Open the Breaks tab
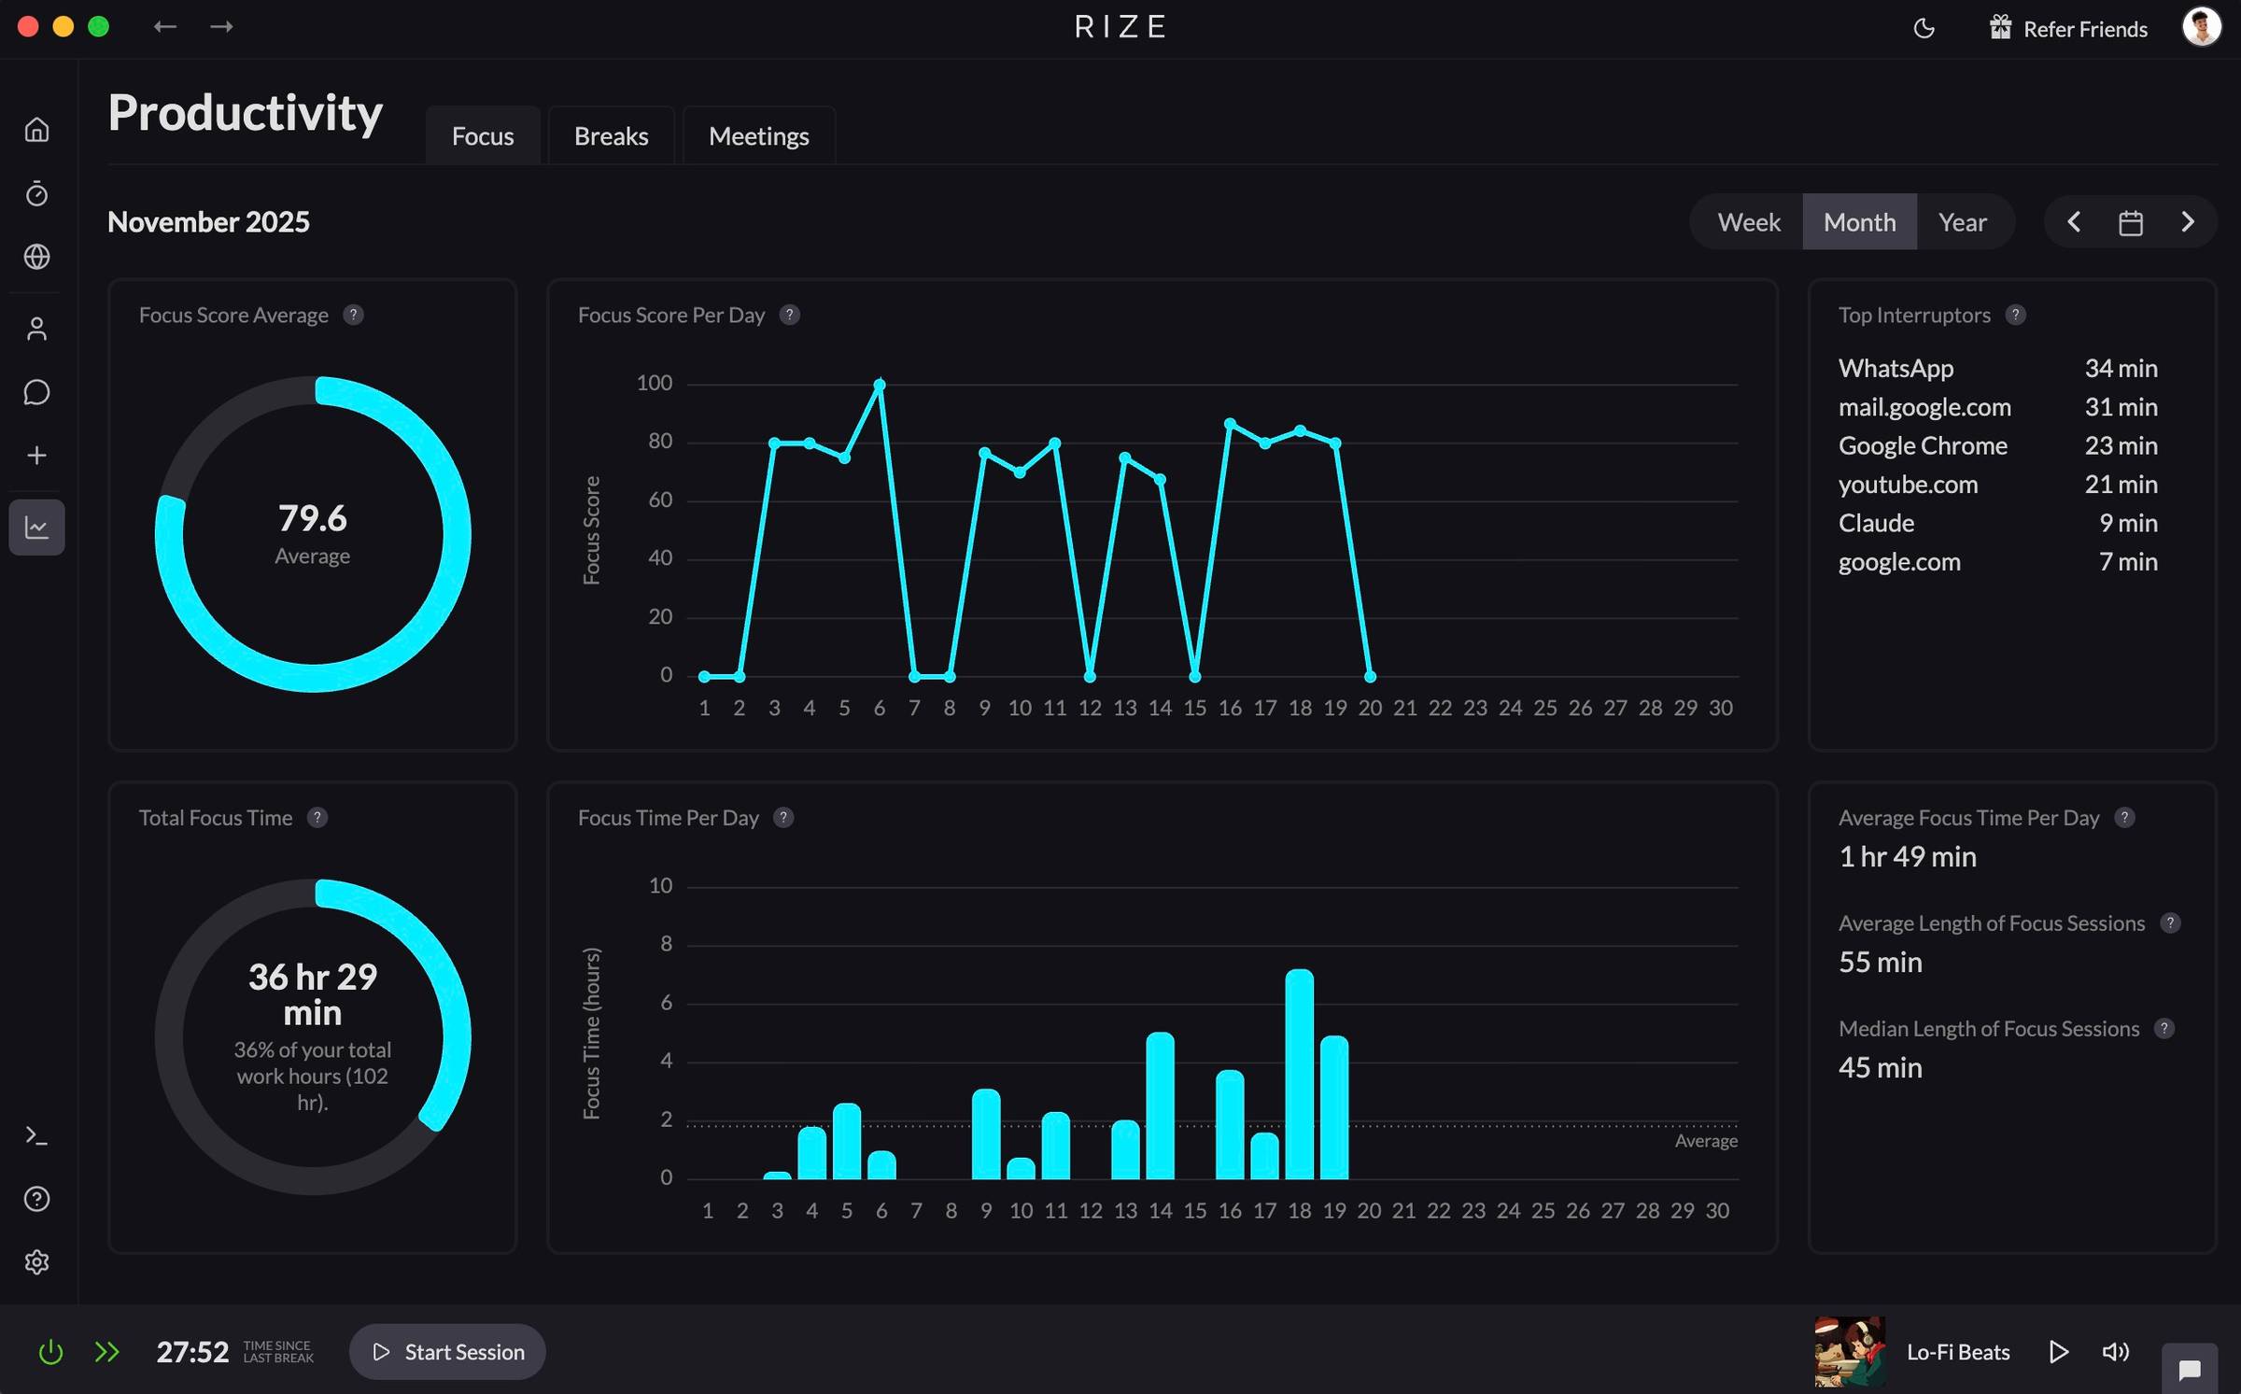pos(611,136)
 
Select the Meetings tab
pos(758,136)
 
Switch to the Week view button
pos(1748,222)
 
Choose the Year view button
pos(1962,222)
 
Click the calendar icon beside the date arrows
pos(2130,223)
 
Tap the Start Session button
pos(447,1351)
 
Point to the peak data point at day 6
pos(879,384)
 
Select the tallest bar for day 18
pos(1299,1074)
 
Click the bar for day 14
pos(1160,1105)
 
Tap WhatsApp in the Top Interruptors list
pos(1896,368)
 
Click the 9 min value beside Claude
pos(2128,523)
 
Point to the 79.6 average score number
pos(312,518)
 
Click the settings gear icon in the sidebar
pos(36,1261)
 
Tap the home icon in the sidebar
pos(36,129)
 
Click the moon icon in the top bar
pos(1924,28)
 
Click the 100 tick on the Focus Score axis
pos(654,383)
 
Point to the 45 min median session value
pos(1880,1067)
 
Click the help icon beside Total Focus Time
pos(317,818)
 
